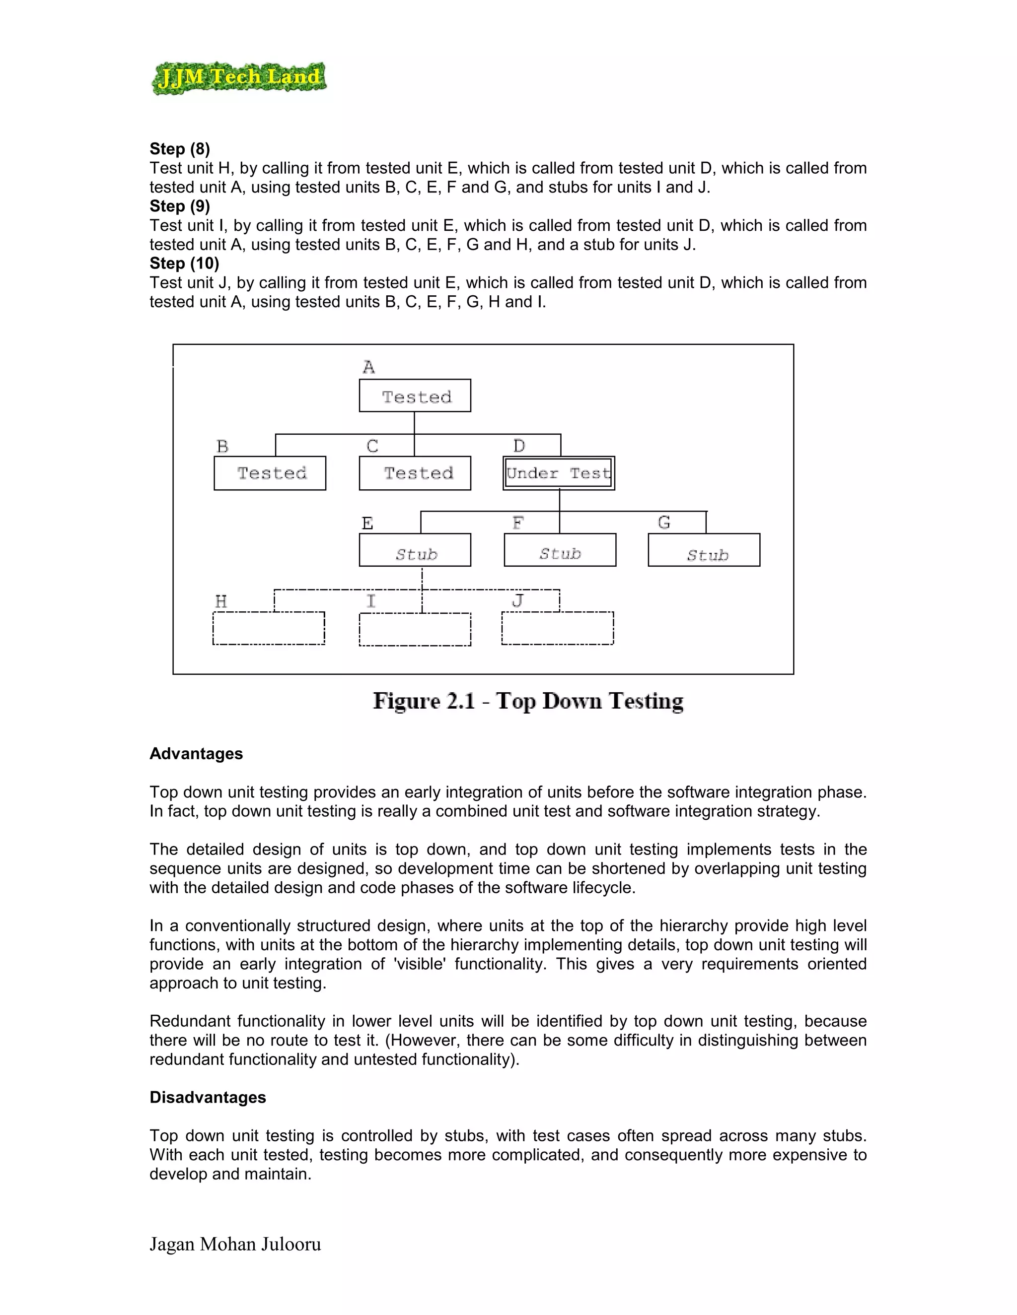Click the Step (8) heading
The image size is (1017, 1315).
(x=180, y=149)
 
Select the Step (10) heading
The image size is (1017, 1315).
(x=184, y=263)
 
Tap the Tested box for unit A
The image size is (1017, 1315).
(x=415, y=395)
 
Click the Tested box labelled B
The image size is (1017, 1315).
(x=270, y=473)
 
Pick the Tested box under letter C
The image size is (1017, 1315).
(x=415, y=473)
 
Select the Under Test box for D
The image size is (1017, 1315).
(x=559, y=473)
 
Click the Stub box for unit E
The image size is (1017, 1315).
(x=415, y=550)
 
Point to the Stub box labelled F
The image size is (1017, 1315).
(x=560, y=550)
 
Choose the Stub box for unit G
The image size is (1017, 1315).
(x=704, y=550)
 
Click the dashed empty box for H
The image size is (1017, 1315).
(x=269, y=629)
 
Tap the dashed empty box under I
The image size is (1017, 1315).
(x=415, y=629)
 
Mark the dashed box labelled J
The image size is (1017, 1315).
(x=558, y=629)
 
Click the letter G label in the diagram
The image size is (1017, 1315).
(x=664, y=522)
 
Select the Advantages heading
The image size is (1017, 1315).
(x=196, y=754)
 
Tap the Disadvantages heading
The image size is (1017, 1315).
(x=207, y=1097)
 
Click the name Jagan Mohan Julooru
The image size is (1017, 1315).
(x=235, y=1244)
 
